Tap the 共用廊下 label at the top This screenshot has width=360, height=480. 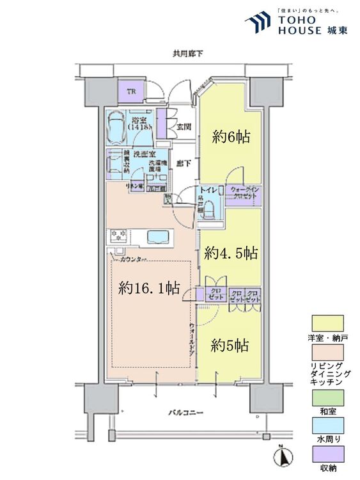(182, 55)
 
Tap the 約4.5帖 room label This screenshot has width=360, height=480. (231, 253)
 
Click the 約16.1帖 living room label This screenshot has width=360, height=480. (148, 289)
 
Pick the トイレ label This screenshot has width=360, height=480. (208, 191)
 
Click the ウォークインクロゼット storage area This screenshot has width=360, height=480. (243, 193)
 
